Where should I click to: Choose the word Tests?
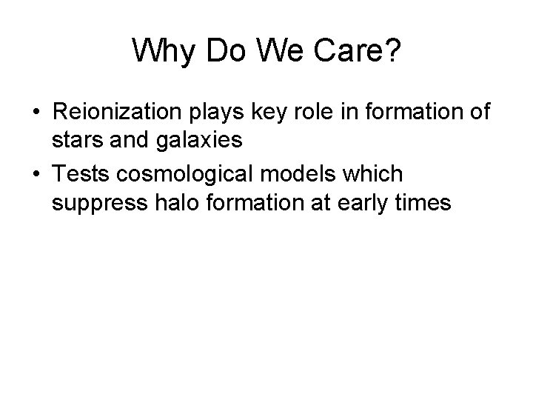pyautogui.click(x=81, y=174)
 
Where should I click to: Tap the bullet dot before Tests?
pyautogui.click(x=36, y=175)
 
